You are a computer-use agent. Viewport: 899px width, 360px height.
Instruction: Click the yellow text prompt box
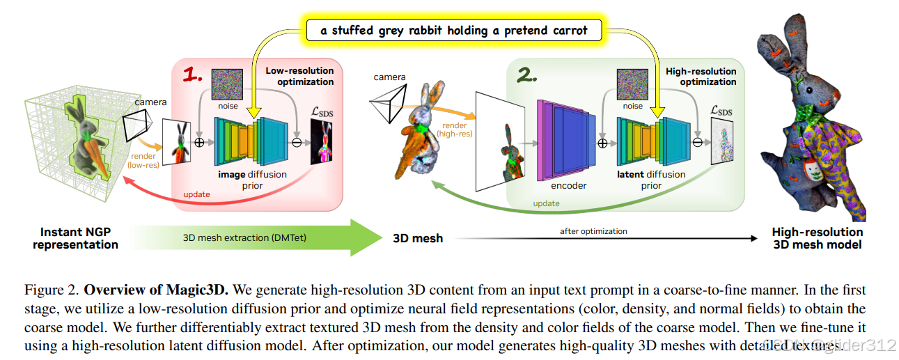point(453,30)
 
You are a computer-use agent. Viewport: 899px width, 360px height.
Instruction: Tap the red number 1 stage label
point(194,75)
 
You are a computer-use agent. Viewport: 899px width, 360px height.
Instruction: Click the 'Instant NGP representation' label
point(75,238)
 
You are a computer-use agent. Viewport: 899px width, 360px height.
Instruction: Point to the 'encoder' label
point(568,186)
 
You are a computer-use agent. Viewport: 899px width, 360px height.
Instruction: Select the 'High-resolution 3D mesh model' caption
point(817,238)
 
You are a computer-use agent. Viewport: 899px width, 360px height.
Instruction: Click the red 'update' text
point(196,194)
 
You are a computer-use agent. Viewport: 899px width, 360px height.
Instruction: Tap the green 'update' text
point(546,203)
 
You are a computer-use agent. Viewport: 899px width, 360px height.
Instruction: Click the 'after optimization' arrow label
point(593,231)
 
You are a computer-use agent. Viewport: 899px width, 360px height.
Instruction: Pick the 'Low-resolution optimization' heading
point(299,76)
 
